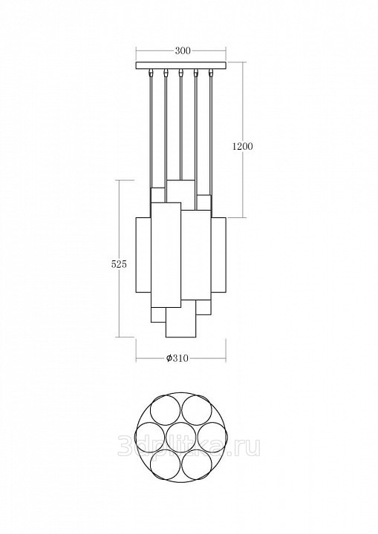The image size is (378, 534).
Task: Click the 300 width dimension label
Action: [183, 51]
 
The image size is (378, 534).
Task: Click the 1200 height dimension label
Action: [243, 147]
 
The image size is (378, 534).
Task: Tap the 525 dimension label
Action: [119, 264]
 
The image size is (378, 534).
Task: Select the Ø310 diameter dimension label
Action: [177, 358]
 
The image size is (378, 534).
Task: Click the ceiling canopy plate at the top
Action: [180, 65]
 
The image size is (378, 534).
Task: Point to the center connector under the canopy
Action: [180, 73]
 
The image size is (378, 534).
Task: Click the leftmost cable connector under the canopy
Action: [151, 73]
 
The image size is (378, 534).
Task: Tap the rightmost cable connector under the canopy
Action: [211, 73]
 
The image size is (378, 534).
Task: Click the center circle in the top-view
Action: [180, 438]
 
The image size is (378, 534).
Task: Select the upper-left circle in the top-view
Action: [166, 411]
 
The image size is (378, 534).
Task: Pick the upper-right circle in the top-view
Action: [197, 411]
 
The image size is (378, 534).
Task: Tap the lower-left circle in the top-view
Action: [166, 465]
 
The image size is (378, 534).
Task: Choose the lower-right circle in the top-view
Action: [197, 465]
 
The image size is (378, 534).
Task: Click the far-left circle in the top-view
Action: [150, 438]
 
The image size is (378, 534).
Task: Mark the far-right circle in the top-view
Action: [212, 438]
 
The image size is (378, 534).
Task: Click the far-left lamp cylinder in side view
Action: [143, 254]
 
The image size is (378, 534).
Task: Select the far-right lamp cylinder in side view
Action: [218, 254]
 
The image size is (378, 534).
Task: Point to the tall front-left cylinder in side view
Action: [166, 255]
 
